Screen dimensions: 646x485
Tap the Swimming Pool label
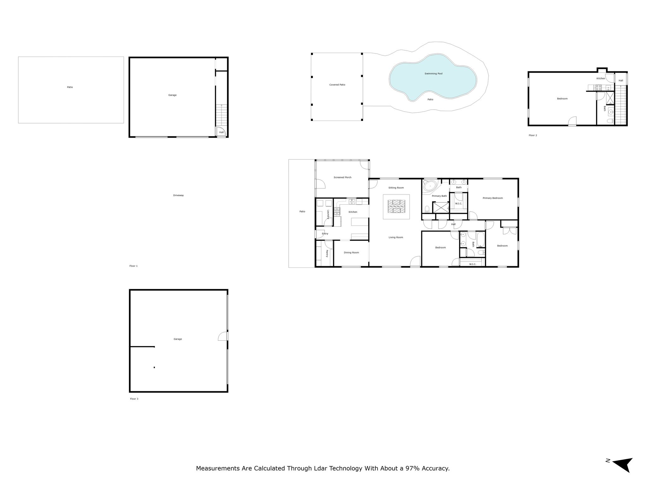[x=433, y=74]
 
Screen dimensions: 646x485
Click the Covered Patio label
[x=337, y=85]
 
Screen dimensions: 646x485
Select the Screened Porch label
[x=343, y=177]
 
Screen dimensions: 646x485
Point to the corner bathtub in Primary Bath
[x=430, y=186]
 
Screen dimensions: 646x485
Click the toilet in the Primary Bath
[x=427, y=209]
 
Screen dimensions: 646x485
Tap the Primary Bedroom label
[x=493, y=198]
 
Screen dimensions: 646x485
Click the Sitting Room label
[x=396, y=188]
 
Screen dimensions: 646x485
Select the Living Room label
[x=396, y=237]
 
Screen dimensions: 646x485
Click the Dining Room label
[x=351, y=253]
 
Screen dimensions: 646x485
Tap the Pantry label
[x=327, y=254]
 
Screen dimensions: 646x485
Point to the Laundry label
[x=328, y=214]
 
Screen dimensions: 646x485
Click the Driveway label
[x=178, y=195]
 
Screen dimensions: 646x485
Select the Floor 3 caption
[x=134, y=399]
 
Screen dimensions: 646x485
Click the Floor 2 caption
[x=533, y=135]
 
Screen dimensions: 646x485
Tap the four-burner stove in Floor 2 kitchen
[x=599, y=88]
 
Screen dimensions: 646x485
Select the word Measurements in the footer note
[x=218, y=468]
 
